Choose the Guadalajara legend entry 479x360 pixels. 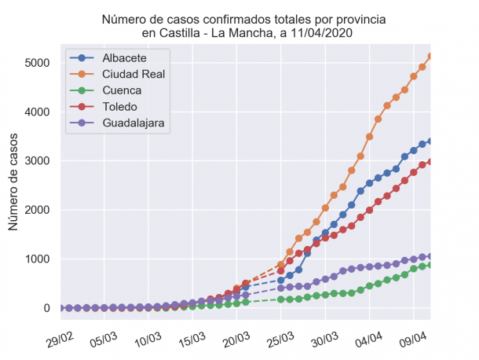[136, 123]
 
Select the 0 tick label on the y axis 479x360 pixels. [48, 308]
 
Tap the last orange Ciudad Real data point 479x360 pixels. [430, 57]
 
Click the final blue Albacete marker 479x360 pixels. [430, 141]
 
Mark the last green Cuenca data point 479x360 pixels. [430, 265]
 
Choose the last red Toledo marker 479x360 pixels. [430, 162]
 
